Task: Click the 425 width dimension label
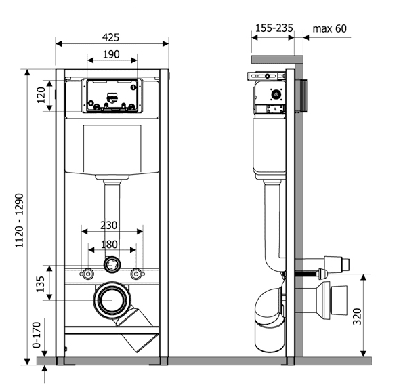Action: [x=110, y=37]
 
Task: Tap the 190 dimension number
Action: [x=111, y=54]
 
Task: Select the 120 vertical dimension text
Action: [x=41, y=95]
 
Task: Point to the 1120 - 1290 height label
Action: [x=20, y=220]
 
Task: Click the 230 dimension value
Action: [x=108, y=225]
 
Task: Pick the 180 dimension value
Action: [x=109, y=245]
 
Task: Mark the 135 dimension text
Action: [x=41, y=284]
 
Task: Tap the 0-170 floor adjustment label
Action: [x=37, y=335]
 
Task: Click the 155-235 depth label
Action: [x=274, y=28]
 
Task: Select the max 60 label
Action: [x=329, y=28]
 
